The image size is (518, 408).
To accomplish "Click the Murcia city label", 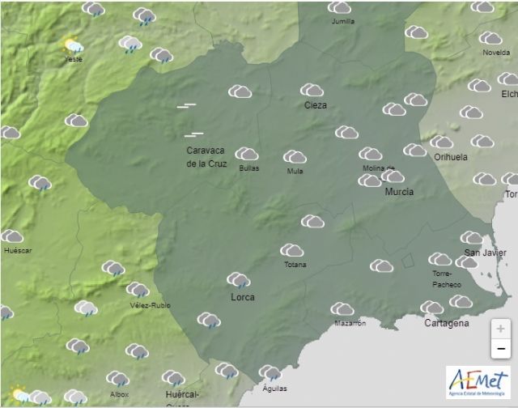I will (399, 192).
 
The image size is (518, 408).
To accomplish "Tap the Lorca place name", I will (242, 297).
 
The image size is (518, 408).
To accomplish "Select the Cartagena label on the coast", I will (446, 323).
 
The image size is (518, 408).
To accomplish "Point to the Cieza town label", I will (315, 105).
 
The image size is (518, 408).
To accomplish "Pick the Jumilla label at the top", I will (343, 22).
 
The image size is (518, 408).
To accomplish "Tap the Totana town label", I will (295, 265).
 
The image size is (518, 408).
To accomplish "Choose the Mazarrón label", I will (350, 324).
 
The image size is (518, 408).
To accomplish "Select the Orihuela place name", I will (450, 157).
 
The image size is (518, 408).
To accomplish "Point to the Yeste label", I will (74, 58).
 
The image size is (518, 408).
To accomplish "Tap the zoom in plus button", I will (501, 329).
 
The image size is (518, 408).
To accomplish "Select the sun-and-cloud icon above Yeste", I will (73, 44).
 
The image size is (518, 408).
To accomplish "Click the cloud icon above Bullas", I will (247, 153).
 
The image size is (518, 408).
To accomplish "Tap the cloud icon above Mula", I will (295, 156).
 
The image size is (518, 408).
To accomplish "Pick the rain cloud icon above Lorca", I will (238, 280).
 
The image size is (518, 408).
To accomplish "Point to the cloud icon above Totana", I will (292, 251).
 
